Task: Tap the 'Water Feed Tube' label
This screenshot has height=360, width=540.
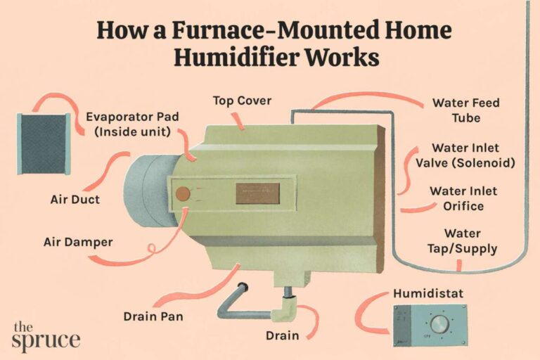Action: [x=465, y=110]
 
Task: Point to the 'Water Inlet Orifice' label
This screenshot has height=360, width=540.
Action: [x=463, y=198]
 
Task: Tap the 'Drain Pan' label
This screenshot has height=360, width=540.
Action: [x=153, y=316]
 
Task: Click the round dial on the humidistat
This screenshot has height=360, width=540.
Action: [x=439, y=323]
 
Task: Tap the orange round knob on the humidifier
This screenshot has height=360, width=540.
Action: [x=183, y=193]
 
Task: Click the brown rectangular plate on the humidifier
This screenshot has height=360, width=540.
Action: [x=257, y=193]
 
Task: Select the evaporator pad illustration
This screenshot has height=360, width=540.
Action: [x=43, y=144]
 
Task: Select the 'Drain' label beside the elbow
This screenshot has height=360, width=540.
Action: [x=282, y=336]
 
